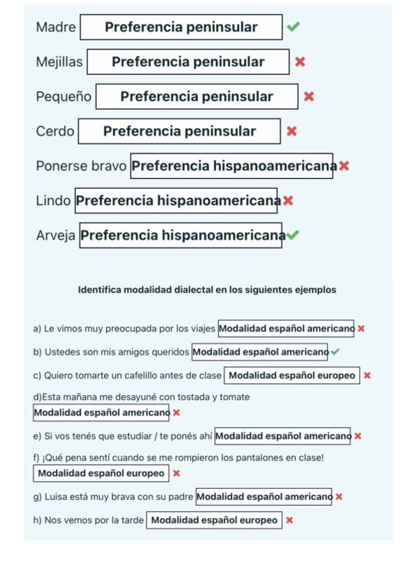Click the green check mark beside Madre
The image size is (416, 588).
click(293, 27)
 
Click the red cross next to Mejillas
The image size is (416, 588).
click(300, 62)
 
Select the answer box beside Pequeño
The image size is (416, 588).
click(197, 96)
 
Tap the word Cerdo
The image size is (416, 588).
click(55, 131)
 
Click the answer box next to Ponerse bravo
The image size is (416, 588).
click(231, 166)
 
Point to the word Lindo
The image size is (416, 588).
click(53, 200)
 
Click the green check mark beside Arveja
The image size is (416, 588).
click(292, 235)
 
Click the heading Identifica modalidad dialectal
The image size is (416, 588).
click(207, 290)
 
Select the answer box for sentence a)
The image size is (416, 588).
click(285, 328)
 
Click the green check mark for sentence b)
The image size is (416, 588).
click(335, 352)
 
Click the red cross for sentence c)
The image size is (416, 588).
click(367, 375)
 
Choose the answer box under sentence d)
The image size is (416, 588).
click(101, 413)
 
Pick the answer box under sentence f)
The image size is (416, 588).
click(101, 473)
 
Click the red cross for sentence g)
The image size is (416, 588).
click(339, 496)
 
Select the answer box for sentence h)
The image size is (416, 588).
click(214, 520)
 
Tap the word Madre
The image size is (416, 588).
click(56, 27)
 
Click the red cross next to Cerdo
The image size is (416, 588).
click(292, 131)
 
